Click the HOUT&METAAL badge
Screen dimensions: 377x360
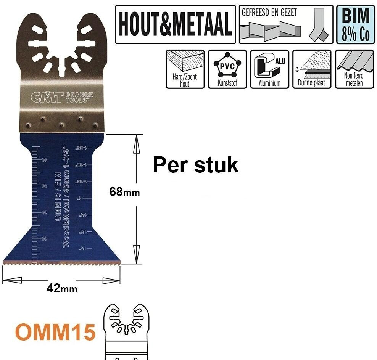coord(175,24)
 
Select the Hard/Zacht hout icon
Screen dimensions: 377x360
coord(185,69)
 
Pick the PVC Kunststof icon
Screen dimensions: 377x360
coord(227,69)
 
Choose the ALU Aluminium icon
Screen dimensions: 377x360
coord(269,69)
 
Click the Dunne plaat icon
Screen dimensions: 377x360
coord(311,69)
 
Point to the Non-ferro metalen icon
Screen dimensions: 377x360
coord(354,69)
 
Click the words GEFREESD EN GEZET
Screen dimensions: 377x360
coord(269,12)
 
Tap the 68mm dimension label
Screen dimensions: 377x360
coord(124,192)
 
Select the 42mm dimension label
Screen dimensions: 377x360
coord(62,289)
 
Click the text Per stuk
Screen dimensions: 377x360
coord(195,165)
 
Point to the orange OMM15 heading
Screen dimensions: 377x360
coord(56,331)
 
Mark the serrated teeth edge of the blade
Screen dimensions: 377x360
coord(61,263)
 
